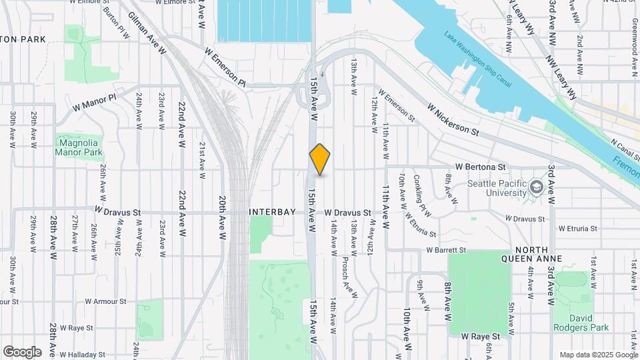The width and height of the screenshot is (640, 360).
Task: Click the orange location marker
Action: (x=320, y=159)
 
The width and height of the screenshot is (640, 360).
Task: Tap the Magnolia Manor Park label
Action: (x=79, y=147)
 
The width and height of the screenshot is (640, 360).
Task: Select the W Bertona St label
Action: (x=481, y=166)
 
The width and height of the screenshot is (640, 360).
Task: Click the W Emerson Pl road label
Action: (x=225, y=67)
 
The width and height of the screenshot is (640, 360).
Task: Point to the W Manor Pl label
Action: (x=94, y=101)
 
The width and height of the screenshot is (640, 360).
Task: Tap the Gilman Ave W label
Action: (x=147, y=33)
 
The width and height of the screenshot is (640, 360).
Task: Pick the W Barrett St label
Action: (x=446, y=250)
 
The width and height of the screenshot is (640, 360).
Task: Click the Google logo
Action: (x=21, y=351)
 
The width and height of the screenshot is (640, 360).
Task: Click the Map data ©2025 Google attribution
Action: (x=597, y=354)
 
